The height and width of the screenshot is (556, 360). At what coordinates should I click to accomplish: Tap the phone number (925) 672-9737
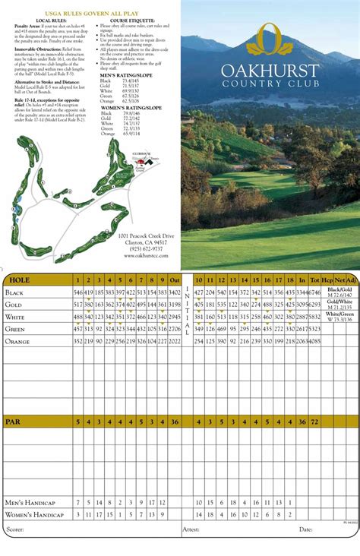tap(147, 248)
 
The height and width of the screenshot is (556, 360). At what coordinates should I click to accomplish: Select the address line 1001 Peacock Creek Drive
tap(146, 235)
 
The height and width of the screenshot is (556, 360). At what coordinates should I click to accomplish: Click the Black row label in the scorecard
tap(15, 292)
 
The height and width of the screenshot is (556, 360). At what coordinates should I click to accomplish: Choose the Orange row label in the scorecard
tap(18, 341)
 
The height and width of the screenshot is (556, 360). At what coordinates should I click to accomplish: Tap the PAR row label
tap(13, 422)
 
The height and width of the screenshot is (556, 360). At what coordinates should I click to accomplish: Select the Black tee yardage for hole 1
tap(78, 292)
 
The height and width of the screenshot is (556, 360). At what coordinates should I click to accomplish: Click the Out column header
tap(174, 280)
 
